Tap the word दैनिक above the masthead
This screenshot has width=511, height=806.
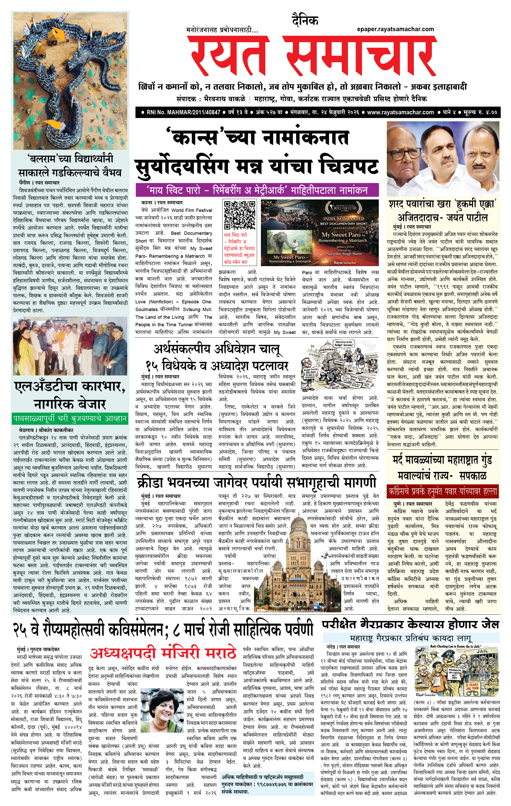click(305, 20)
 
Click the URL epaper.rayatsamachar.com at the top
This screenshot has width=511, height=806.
click(395, 29)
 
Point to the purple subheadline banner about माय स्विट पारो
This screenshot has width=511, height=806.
click(257, 190)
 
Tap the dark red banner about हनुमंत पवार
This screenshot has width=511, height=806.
click(442, 492)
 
